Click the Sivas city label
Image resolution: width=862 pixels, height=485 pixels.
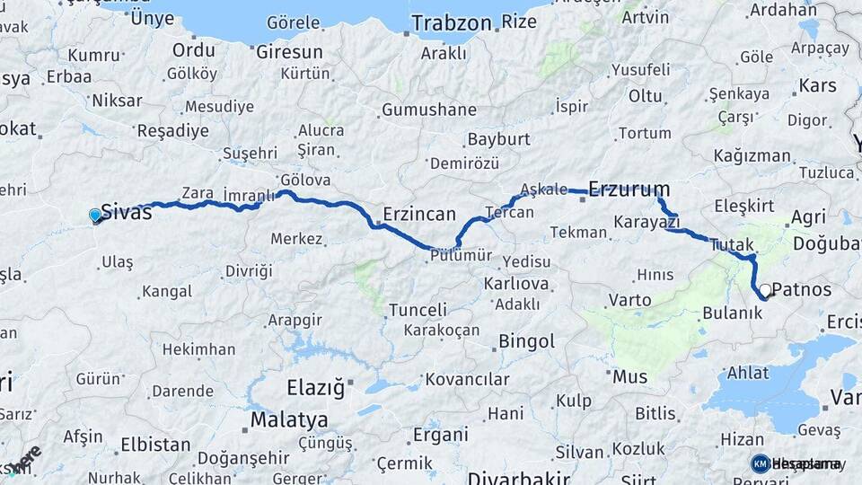coord(126,213)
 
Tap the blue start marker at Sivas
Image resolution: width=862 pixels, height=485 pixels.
coord(95,215)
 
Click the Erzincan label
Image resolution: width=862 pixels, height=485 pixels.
coord(419,215)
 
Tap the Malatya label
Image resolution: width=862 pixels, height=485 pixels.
coord(288,420)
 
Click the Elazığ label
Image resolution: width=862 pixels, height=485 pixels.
coord(315,389)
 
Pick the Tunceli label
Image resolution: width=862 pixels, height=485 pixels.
coord(418,310)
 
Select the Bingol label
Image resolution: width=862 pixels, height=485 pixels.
coord(526,341)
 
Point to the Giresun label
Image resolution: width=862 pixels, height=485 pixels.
coord(289,52)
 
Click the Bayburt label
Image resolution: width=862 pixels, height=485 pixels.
coord(498,140)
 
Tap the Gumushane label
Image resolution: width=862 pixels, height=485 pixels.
coord(428,110)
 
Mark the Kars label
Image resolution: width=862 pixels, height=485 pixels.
coord(817,86)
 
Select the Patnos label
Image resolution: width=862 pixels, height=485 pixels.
coord(802,291)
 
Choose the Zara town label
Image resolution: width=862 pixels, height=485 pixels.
coord(197,192)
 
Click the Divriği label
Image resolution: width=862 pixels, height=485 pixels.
coord(248,270)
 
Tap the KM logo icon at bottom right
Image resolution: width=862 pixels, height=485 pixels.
coord(761,463)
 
